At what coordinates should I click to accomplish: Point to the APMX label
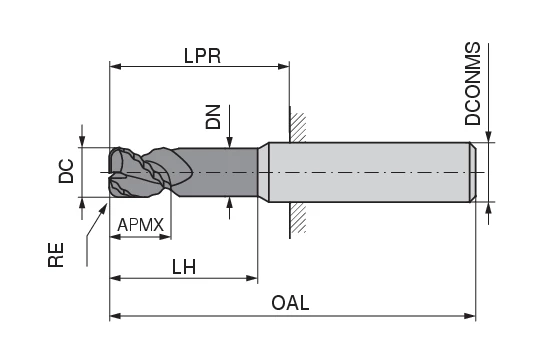pyautogui.click(x=140, y=225)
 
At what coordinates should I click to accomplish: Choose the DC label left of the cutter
pyautogui.click(x=66, y=171)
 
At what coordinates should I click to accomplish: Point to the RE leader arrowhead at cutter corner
pyautogui.click(x=107, y=205)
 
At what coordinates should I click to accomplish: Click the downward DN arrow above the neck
pyautogui.click(x=231, y=141)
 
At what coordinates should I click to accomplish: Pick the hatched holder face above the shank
pyautogui.click(x=296, y=124)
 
